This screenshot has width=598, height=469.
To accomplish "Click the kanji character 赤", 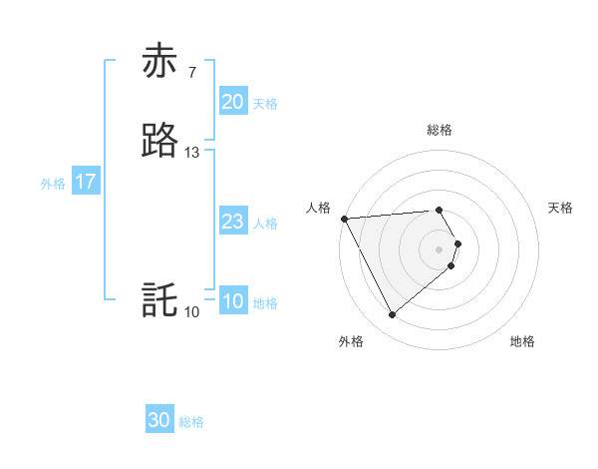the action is pyautogui.click(x=159, y=61).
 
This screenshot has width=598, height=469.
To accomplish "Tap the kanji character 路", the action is pyautogui.click(x=159, y=141).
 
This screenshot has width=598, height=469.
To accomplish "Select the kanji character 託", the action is pyautogui.click(x=159, y=300).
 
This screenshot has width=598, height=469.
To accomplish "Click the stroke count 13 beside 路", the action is pyautogui.click(x=192, y=153).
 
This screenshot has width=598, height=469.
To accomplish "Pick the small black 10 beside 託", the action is pyautogui.click(x=192, y=312).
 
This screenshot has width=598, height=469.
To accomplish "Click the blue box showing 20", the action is pyautogui.click(x=232, y=102).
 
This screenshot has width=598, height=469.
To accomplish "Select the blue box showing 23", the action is pyautogui.click(x=232, y=222).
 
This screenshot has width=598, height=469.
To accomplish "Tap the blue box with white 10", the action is pyautogui.click(x=232, y=302).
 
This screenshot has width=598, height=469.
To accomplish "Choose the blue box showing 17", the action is pyautogui.click(x=85, y=182).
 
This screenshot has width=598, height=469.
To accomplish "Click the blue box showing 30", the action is pyautogui.click(x=159, y=420).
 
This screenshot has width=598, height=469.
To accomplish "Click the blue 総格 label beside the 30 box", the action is pyautogui.click(x=191, y=422).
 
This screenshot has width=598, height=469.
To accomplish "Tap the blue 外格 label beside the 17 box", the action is pyautogui.click(x=53, y=184).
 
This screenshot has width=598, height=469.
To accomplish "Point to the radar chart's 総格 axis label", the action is pyautogui.click(x=440, y=130).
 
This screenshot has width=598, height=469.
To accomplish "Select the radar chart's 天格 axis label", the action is pyautogui.click(x=560, y=208).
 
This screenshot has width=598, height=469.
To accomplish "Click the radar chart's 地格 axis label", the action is pyautogui.click(x=522, y=342).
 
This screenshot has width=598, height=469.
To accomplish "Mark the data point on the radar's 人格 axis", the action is pyautogui.click(x=343, y=219).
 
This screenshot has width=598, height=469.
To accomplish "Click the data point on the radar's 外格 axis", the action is pyautogui.click(x=392, y=315).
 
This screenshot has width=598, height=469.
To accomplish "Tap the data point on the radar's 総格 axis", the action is pyautogui.click(x=440, y=210).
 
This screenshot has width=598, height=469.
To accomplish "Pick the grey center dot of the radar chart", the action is pyautogui.click(x=440, y=248).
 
